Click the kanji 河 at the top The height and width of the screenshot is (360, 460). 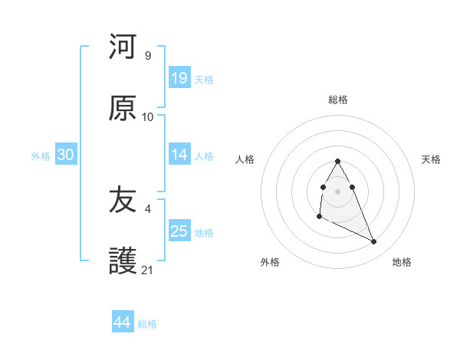123,47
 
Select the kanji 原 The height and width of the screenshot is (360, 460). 123,109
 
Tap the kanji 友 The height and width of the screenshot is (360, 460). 123,200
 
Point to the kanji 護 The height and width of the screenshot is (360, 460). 123,261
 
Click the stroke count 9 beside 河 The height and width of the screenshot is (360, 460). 147,55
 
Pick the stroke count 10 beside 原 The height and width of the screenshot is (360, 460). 148,117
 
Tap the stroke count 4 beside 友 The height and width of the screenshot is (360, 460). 147,208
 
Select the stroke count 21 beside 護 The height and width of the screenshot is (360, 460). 148,270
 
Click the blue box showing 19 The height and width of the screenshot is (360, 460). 179,78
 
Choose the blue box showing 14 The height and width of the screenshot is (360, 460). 179,155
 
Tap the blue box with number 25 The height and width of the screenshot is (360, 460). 179,231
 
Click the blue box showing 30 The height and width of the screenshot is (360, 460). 65,155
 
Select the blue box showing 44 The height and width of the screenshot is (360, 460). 122,322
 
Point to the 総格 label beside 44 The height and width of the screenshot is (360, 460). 147,324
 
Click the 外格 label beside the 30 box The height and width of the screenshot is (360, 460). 41,156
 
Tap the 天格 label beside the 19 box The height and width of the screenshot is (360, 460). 204,80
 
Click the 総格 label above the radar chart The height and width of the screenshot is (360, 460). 338,100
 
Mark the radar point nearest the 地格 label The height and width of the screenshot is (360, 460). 374,242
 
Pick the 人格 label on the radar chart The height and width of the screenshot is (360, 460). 245,159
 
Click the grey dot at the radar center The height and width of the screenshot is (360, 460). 337,190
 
